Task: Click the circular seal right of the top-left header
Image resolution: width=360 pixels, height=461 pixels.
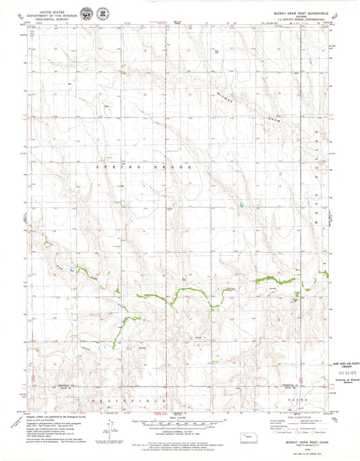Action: [x=87, y=14]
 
